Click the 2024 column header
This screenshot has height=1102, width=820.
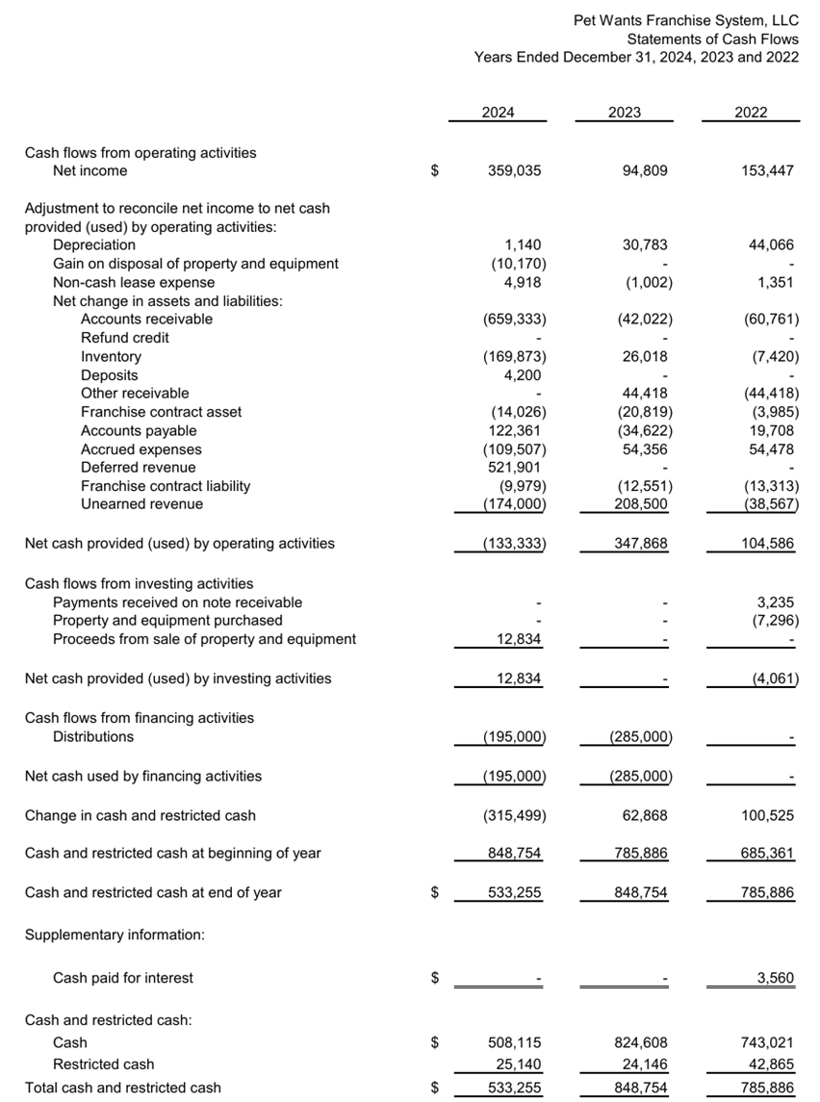tap(498, 113)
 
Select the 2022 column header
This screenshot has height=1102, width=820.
tap(751, 113)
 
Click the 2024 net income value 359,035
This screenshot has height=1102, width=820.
tap(515, 171)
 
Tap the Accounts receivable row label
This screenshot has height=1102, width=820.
tap(146, 320)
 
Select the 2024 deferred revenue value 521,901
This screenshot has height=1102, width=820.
tap(515, 468)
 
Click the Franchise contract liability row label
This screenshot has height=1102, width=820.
tap(166, 486)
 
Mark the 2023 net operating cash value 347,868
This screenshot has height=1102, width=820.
tap(641, 544)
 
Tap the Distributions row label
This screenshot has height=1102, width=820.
tap(93, 737)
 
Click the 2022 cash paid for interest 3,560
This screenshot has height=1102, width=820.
tap(775, 979)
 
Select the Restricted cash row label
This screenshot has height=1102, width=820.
tap(103, 1065)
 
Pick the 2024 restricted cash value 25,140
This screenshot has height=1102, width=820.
tap(519, 1065)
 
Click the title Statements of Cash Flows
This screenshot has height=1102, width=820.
tap(712, 39)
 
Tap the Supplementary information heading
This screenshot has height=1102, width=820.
tap(114, 935)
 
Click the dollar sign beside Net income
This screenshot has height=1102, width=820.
tap(435, 171)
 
